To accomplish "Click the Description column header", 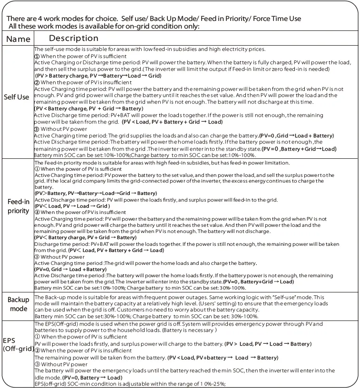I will tap(74, 39).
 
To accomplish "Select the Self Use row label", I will tap(17, 97).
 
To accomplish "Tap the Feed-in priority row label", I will tap(19, 206).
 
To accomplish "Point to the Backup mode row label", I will tap(19, 305).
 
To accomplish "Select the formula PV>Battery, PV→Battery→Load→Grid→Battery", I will tap(96, 193).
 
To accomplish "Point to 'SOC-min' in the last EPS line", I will tap(82, 384).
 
